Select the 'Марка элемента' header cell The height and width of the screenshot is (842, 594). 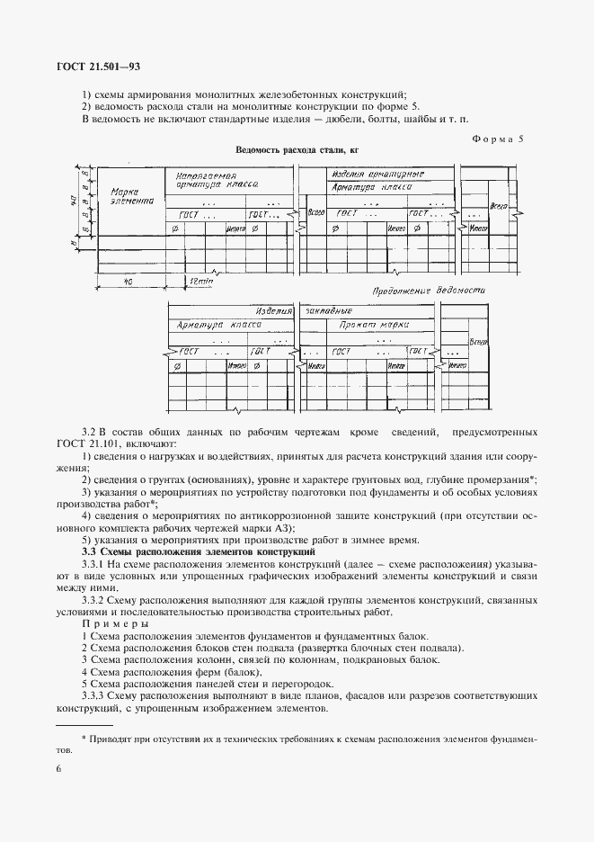tap(130, 197)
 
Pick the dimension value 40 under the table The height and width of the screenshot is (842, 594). tap(129, 281)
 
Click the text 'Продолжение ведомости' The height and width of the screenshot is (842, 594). tap(429, 291)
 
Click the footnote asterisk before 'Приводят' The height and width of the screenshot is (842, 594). tap(82, 739)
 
